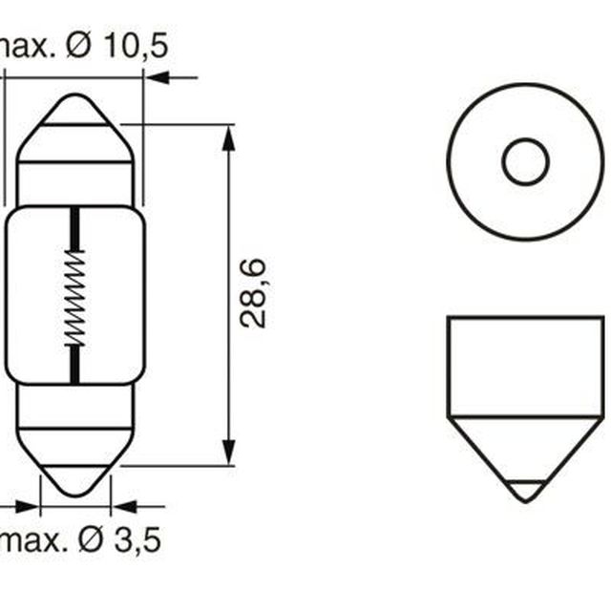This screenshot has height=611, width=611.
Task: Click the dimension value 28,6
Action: [x=253, y=293]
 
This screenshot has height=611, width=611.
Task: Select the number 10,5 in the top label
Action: [x=136, y=46]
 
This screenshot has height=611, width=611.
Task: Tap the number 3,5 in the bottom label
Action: [x=137, y=539]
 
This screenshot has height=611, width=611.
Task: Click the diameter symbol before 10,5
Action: [x=78, y=45]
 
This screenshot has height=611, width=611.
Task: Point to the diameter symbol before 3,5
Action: [x=91, y=539]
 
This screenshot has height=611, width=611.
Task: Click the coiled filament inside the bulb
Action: [x=74, y=297]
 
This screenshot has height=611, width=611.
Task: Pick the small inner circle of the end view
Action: [x=525, y=161]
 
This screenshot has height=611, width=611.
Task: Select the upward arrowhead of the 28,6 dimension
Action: [x=229, y=138]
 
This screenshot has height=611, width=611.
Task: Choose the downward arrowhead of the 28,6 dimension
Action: [x=229, y=452]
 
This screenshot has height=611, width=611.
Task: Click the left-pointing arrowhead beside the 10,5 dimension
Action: [x=158, y=77]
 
